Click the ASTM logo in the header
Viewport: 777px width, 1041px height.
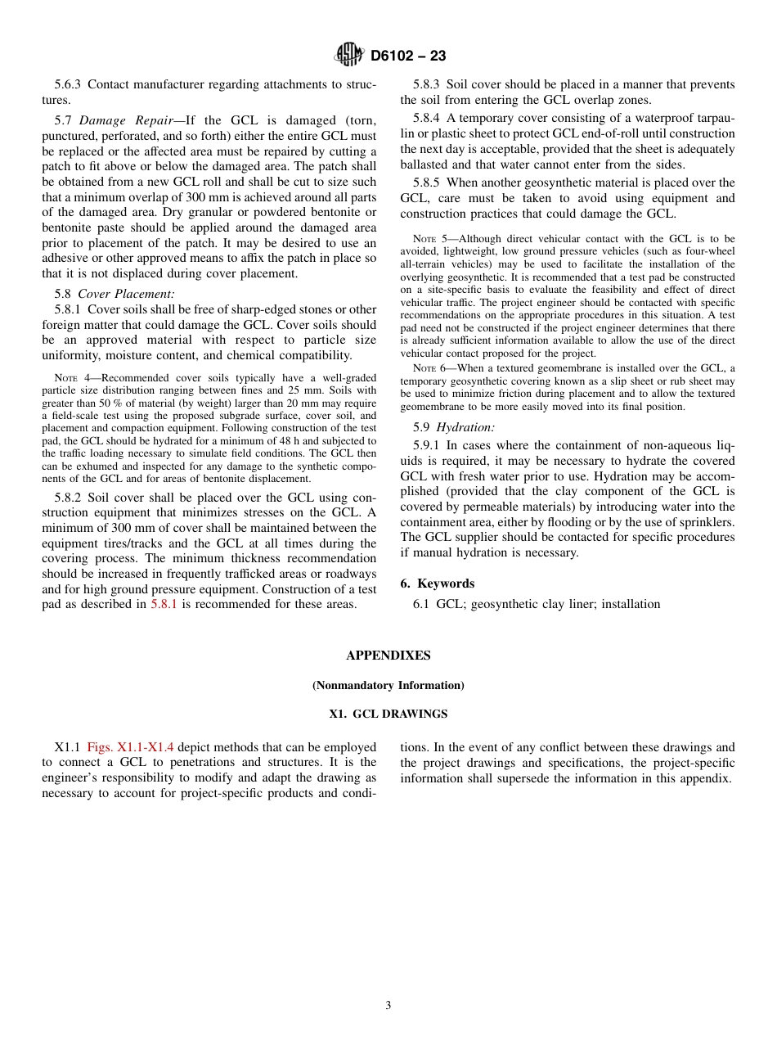pos(348,56)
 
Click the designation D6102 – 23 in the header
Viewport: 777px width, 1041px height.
pos(408,56)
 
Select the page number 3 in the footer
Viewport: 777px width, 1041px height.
pos(388,1006)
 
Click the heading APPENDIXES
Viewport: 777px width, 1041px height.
pos(388,656)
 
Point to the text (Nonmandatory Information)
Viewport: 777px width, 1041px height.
pos(388,685)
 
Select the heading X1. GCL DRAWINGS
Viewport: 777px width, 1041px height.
pos(388,714)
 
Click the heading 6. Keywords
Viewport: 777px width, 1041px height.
pos(438,584)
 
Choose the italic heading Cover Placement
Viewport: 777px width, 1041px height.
pos(126,294)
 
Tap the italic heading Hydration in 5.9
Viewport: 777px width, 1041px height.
pos(465,427)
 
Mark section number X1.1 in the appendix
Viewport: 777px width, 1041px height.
pos(67,747)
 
